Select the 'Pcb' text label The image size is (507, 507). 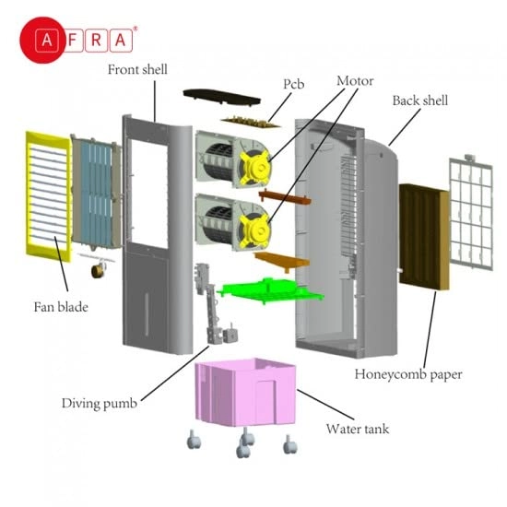click(293, 84)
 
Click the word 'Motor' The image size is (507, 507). click(354, 81)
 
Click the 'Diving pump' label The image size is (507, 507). click(98, 403)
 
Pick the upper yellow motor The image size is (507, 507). click(254, 164)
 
